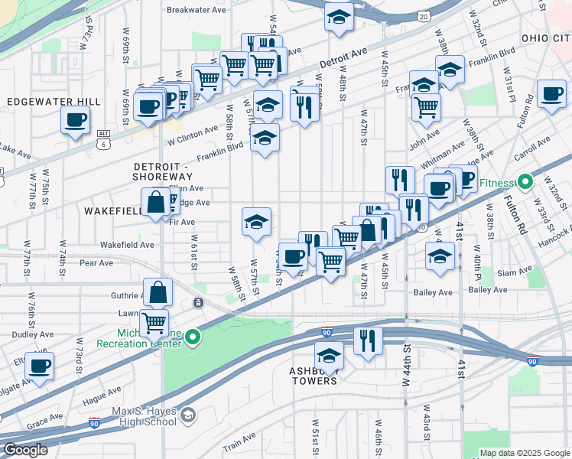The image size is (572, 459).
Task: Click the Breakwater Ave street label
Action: click(x=197, y=11)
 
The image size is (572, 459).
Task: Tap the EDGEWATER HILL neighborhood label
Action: click(x=54, y=102)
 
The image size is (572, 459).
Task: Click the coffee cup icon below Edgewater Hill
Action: click(x=76, y=120)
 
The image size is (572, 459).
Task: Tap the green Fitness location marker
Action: click(x=525, y=183)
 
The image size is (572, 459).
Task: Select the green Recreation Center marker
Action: click(x=193, y=336)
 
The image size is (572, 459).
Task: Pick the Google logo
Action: click(x=26, y=450)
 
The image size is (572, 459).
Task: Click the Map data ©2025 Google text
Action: click(x=524, y=453)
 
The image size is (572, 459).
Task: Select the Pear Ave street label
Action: click(x=96, y=262)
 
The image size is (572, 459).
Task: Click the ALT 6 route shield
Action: click(x=102, y=138)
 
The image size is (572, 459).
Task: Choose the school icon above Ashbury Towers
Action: click(x=330, y=356)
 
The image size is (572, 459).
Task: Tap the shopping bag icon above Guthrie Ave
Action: click(x=157, y=291)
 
